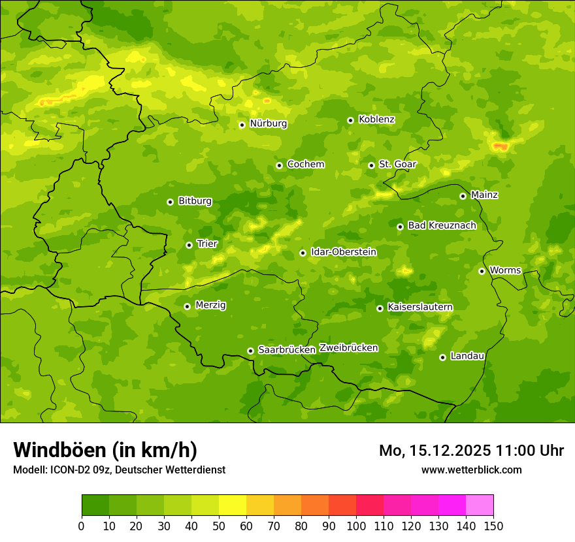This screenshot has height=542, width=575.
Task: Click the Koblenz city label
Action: (376, 120)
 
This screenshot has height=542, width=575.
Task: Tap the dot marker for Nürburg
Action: (242, 124)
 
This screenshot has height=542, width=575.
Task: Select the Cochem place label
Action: (305, 165)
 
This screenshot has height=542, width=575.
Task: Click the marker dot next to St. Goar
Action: (371, 165)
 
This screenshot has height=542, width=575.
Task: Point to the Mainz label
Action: (484, 195)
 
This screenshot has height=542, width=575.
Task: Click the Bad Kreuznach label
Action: (442, 225)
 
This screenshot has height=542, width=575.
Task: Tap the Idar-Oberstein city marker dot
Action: (303, 253)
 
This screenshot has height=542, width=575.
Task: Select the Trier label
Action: (207, 244)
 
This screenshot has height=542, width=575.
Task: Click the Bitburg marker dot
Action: (170, 202)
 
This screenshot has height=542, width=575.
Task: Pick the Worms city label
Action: (505, 270)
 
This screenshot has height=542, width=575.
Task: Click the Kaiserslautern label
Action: (420, 307)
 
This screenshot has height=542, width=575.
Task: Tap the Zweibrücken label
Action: (348, 348)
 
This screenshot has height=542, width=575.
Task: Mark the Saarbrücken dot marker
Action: (250, 351)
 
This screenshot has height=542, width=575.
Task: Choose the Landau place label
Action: (467, 356)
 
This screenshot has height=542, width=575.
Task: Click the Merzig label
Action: (210, 305)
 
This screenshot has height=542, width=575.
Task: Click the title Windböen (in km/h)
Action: (105, 450)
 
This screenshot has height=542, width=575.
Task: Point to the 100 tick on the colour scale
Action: (356, 526)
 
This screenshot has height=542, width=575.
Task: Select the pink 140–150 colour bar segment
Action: (479, 505)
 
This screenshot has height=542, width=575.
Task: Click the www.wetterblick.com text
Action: (471, 470)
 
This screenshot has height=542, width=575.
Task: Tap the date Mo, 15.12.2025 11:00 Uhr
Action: (471, 451)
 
